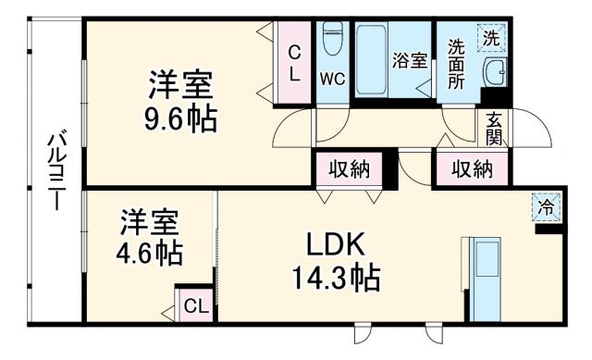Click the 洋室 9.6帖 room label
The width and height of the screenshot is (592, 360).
coord(181,103)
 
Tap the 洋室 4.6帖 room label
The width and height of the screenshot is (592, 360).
coord(149,238)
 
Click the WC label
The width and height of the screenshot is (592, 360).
coord(332,79)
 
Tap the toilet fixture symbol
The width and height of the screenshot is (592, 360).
coord(332,42)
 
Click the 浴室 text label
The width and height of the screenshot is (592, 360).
coord(410,61)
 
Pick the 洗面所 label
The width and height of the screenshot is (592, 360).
coord(457,63)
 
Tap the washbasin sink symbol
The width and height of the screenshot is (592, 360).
coord(494,70)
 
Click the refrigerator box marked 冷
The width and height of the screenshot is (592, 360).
coord(548,207)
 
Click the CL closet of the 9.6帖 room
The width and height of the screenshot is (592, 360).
coord(295,63)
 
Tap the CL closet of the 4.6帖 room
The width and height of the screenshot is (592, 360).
coord(195,305)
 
